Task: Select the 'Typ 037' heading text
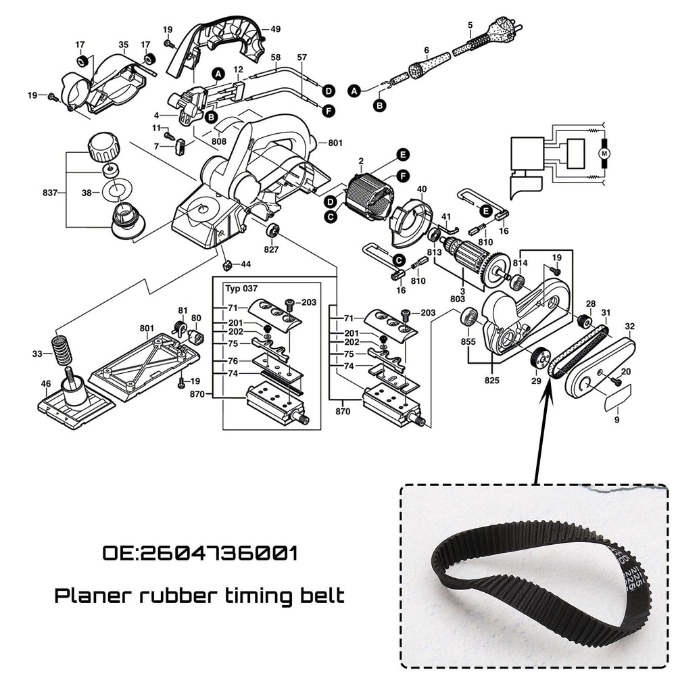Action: coord(237,287)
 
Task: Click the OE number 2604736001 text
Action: coord(199,554)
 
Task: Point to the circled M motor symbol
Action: coord(605,154)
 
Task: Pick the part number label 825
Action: coord(491,381)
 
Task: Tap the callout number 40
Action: coord(421,189)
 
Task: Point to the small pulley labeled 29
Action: coord(539,357)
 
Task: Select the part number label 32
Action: coord(629,327)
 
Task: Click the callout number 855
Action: coord(467,341)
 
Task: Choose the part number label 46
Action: coord(45,384)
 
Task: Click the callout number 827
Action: coord(271,249)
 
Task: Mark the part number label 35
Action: coord(123,45)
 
